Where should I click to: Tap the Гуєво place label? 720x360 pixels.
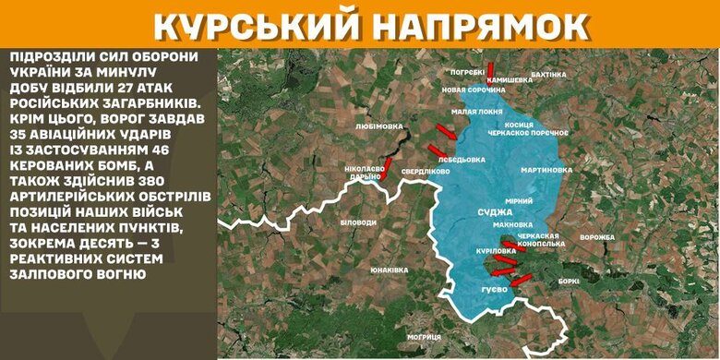click(x=496, y=292)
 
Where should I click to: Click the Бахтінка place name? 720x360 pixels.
click(x=549, y=74)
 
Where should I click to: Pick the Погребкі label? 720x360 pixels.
click(x=468, y=71)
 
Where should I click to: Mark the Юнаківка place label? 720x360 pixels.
click(x=390, y=270)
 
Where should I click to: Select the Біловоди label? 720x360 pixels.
click(x=358, y=222)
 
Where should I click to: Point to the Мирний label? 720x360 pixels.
click(x=518, y=199)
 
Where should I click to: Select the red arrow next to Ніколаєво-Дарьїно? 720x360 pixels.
click(x=388, y=168)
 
